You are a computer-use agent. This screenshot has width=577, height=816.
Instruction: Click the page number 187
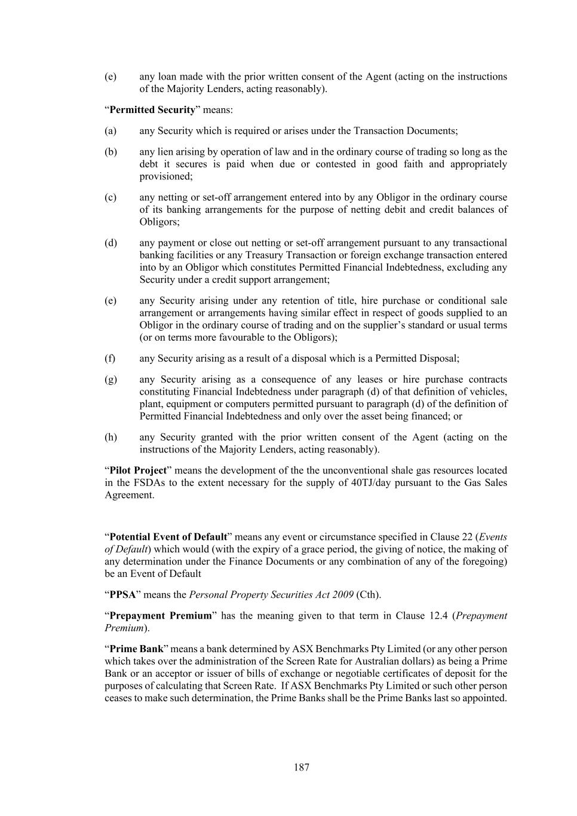tap(301, 767)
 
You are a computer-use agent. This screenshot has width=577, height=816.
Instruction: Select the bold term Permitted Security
tap(152, 109)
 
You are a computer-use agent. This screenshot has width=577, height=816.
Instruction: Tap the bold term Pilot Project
tap(138, 470)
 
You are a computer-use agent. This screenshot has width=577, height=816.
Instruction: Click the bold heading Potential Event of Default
tap(168, 537)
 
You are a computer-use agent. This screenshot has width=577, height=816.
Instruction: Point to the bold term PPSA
tap(122, 595)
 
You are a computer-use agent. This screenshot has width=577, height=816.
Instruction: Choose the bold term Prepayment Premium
tap(161, 616)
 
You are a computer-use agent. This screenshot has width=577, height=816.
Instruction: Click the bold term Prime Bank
tap(136, 649)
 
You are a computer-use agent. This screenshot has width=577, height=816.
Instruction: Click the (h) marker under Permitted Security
tap(111, 437)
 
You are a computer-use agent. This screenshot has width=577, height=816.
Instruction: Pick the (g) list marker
tap(111, 380)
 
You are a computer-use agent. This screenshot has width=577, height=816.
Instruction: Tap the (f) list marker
tap(110, 359)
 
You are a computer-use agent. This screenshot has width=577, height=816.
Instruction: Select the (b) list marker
tap(111, 152)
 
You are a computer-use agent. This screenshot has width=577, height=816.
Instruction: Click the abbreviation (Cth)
tap(368, 595)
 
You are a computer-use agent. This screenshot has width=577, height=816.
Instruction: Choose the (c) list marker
tap(111, 197)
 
